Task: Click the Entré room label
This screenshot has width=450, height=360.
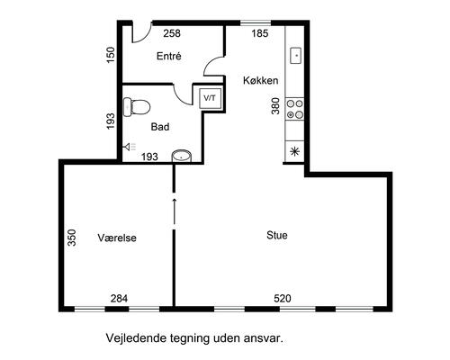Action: point(169,56)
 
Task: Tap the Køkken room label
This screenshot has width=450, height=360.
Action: point(260,80)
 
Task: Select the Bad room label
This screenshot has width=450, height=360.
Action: point(160,127)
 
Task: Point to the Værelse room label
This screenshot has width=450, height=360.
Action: point(117,238)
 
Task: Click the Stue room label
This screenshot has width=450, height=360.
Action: point(277,235)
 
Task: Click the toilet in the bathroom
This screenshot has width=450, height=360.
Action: point(137,107)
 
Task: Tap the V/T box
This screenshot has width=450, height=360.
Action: point(211,98)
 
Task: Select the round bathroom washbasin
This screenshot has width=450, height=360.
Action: point(182,156)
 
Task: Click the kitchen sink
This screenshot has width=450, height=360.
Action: point(296,56)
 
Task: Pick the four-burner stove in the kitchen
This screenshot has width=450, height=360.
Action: point(295,109)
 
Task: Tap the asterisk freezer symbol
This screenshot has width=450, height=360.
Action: point(295,151)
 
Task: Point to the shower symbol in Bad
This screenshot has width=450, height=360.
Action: point(130,147)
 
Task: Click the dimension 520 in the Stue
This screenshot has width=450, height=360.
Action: point(283,299)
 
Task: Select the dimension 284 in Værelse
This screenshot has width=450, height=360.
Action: point(119,299)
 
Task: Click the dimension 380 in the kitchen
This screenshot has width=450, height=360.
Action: point(275,106)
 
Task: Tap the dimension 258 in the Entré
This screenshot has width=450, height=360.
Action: point(172,33)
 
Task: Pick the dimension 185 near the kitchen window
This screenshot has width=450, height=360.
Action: point(260,33)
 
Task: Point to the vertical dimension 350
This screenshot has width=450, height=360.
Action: point(72,238)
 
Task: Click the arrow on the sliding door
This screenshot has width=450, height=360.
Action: point(174,211)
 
